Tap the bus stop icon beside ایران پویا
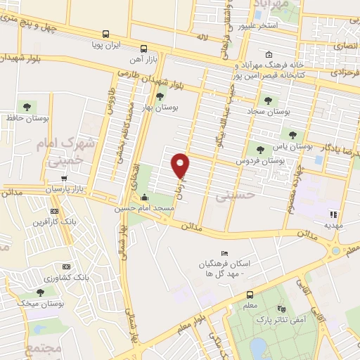click(x=105, y=34)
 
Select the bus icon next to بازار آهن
click(x=143, y=49)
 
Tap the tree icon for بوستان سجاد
click(x=266, y=99)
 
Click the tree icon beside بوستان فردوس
click(x=261, y=149)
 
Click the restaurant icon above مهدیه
click(x=333, y=214)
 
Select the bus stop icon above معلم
click(x=250, y=295)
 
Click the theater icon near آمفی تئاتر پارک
click(x=282, y=308)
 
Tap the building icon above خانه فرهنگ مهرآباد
click(x=269, y=54)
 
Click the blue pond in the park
click(x=258, y=347)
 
